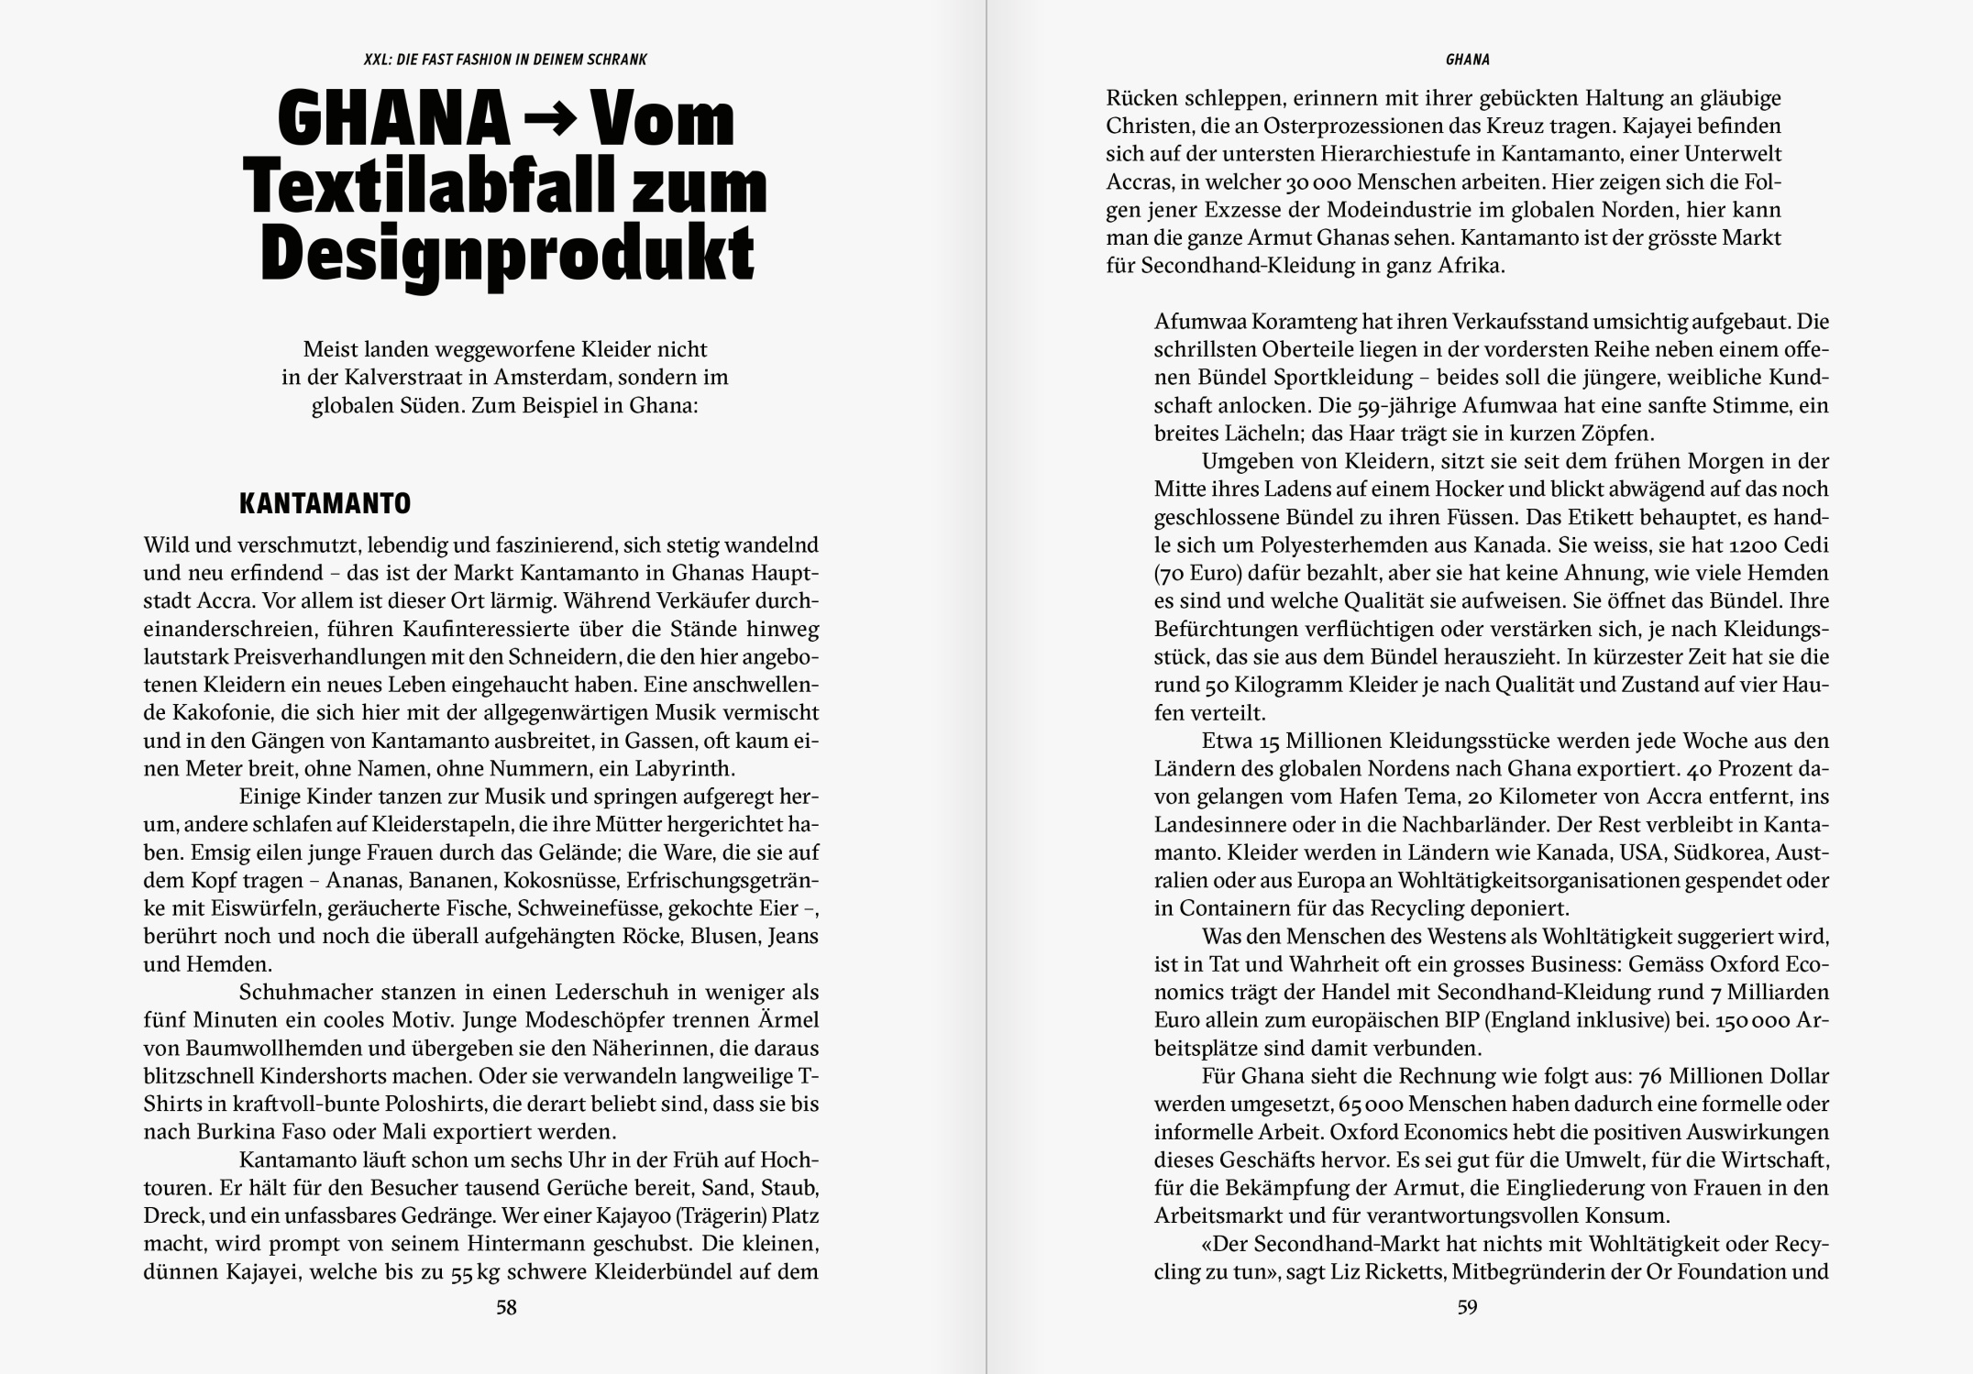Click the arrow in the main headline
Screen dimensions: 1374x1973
[550, 122]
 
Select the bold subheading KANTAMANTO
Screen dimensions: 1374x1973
[325, 503]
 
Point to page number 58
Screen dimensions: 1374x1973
[506, 1307]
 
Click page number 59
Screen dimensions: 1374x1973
[1467, 1307]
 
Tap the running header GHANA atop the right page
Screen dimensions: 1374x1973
[1467, 60]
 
